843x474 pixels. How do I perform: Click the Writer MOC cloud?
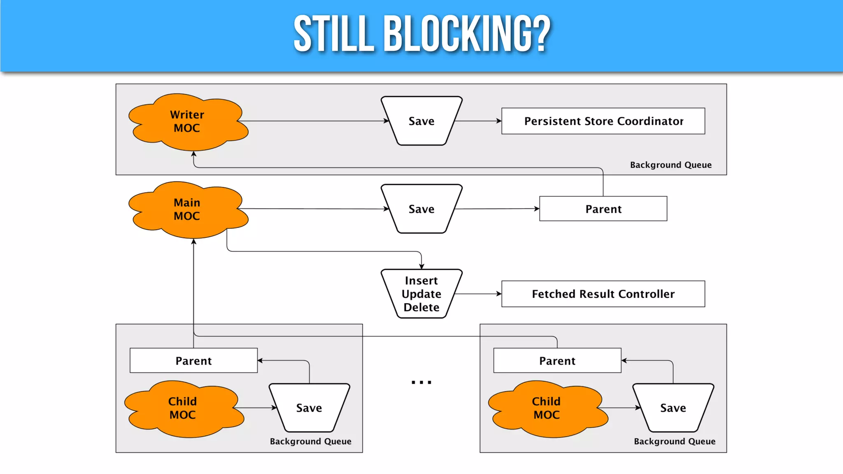187,121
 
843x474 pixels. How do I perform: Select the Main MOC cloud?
187,209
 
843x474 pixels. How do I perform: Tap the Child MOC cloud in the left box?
183,408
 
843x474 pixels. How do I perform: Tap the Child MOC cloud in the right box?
547,408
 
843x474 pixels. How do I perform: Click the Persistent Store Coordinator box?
603,121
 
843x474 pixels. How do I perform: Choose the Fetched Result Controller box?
603,294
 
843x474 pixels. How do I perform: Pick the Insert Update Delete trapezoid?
421,294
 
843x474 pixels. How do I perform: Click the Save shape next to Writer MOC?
421,121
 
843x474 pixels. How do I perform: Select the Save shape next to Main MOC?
421,209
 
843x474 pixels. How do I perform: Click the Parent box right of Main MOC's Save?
603,209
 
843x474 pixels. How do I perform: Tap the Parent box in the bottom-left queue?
193,360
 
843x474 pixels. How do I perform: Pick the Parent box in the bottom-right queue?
557,360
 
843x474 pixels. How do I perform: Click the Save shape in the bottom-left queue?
309,408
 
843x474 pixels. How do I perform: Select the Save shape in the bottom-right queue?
673,408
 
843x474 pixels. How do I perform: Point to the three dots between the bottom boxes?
421,382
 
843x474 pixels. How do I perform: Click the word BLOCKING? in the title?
467,34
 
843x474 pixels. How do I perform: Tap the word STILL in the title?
333,34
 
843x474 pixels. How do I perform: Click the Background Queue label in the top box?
671,165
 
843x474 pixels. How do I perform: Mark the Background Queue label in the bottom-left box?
310,441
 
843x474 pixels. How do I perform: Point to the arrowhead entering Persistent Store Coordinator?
499,121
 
